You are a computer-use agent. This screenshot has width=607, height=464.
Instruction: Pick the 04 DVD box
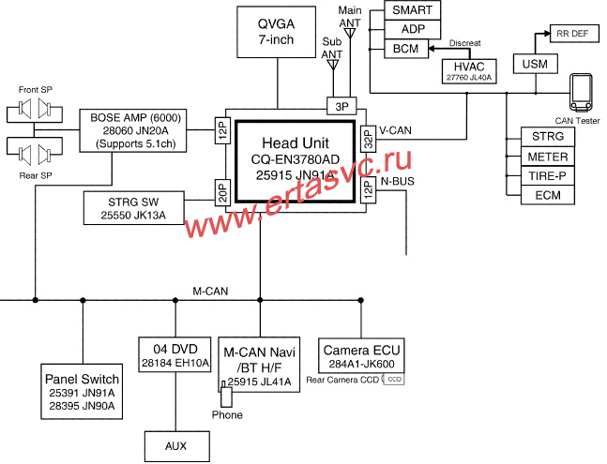point(175,354)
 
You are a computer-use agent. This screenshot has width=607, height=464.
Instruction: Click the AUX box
point(175,445)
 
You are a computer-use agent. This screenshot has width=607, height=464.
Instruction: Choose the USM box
point(536,64)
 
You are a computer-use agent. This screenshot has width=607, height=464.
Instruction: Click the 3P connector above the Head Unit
point(337,104)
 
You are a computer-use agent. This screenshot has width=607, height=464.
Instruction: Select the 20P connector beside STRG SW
point(223,191)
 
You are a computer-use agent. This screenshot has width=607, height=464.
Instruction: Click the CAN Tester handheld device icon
point(583,93)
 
